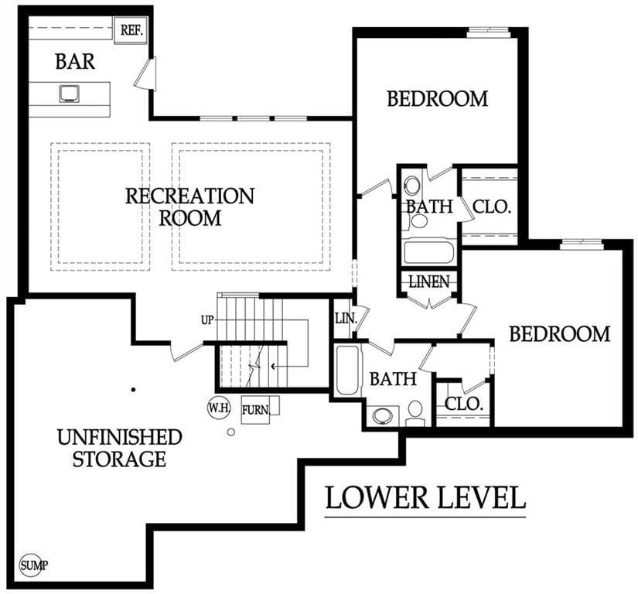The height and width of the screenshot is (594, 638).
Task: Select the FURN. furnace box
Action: tap(255, 410)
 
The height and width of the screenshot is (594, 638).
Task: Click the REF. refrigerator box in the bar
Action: tap(131, 30)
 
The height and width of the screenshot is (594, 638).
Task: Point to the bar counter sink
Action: tap(70, 94)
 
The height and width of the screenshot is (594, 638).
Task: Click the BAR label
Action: tap(75, 61)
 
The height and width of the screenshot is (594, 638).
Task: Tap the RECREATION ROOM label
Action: tap(189, 207)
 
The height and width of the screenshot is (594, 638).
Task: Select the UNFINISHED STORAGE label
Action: tap(119, 448)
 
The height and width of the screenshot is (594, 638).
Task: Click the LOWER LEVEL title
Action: tap(425, 497)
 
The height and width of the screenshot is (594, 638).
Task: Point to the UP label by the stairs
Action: tap(207, 320)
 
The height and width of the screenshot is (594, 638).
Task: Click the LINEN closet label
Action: tap(429, 282)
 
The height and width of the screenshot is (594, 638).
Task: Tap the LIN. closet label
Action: tap(346, 319)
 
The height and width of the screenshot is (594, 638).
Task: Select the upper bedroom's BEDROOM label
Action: tap(437, 99)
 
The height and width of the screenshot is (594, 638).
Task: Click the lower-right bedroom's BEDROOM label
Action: tap(559, 334)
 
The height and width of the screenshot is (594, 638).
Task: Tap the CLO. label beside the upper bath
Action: tap(492, 207)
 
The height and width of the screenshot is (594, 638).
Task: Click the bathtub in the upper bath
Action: tap(429, 252)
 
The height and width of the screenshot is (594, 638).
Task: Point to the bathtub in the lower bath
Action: tap(347, 370)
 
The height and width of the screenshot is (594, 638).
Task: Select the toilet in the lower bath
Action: tap(415, 413)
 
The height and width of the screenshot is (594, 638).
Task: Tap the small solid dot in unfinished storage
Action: tap(133, 390)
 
